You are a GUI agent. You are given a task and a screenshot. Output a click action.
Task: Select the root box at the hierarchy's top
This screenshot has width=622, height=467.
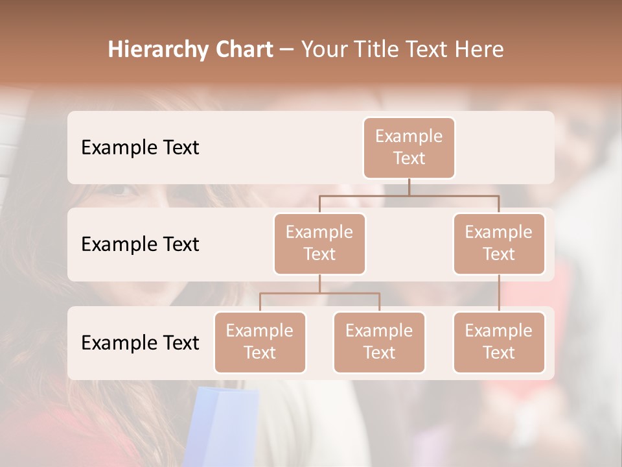pyautogui.click(x=409, y=147)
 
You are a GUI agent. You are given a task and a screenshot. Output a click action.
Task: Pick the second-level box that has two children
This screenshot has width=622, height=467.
pyautogui.click(x=319, y=243)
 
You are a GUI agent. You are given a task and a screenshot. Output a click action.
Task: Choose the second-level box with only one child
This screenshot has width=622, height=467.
pyautogui.click(x=499, y=243)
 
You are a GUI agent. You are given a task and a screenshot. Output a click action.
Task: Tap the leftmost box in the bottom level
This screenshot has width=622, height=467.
pyautogui.click(x=260, y=342)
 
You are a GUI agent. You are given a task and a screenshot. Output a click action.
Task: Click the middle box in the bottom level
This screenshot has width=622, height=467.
pyautogui.click(x=379, y=342)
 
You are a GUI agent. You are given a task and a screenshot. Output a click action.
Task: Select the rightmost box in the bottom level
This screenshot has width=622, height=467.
pyautogui.click(x=499, y=342)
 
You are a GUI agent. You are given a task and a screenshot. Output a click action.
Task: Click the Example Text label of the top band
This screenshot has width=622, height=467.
pyautogui.click(x=140, y=148)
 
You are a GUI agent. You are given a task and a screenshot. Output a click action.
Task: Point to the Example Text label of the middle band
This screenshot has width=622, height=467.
pyautogui.click(x=140, y=245)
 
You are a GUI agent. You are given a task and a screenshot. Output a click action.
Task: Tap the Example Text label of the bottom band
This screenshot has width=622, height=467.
pyautogui.click(x=140, y=342)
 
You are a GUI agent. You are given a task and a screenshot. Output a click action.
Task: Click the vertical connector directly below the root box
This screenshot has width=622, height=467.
pyautogui.click(x=409, y=187)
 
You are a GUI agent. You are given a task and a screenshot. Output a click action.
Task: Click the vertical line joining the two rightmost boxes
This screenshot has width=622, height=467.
pyautogui.click(x=499, y=293)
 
